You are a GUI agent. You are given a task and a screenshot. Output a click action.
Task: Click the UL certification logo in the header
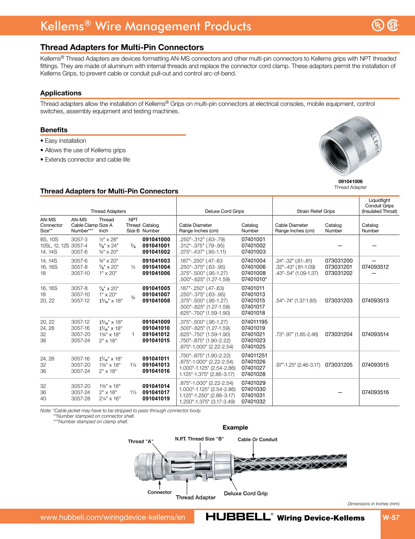click(x=378, y=25)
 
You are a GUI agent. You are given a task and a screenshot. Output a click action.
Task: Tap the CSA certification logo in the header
click(x=393, y=25)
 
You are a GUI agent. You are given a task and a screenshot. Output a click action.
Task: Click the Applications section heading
click(x=61, y=93)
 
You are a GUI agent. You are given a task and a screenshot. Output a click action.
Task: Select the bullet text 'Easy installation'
click(x=65, y=141)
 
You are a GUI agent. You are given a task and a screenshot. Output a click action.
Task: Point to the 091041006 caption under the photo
click(x=350, y=181)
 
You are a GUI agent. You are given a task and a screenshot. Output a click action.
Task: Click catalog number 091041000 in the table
click(x=156, y=240)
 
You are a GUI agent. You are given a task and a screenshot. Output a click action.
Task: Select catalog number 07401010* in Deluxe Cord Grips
click(x=254, y=279)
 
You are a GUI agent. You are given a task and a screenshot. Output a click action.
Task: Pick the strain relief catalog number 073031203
click(x=339, y=300)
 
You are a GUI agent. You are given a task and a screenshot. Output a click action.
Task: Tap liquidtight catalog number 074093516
click(x=375, y=392)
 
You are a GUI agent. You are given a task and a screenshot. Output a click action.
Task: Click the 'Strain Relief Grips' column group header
click(x=316, y=211)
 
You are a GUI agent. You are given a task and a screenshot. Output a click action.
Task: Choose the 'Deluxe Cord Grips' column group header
click(x=224, y=211)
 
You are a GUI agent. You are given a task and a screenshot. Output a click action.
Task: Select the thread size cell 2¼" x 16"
click(x=110, y=399)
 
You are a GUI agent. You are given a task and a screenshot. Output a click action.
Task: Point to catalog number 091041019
click(x=156, y=399)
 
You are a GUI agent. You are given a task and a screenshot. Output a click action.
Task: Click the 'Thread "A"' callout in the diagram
click(x=140, y=442)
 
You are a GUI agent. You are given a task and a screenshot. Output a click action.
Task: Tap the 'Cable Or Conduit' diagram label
click(x=257, y=440)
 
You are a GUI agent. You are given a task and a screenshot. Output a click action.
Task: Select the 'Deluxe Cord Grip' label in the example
click(x=246, y=494)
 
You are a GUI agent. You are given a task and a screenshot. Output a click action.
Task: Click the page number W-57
click(x=391, y=517)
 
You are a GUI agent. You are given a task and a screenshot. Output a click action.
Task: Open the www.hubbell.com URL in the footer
click(x=113, y=517)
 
